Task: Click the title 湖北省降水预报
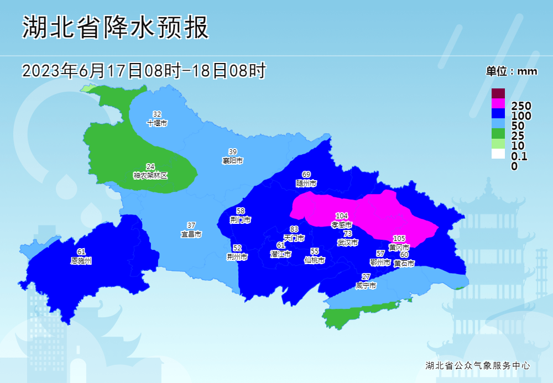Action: coord(116,28)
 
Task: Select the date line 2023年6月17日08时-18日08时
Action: coord(144,71)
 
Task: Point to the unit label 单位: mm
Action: coord(512,71)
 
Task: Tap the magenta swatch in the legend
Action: coord(498,103)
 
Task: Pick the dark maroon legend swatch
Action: coord(498,93)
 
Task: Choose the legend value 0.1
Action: coord(519,156)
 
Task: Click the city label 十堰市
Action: coord(157,123)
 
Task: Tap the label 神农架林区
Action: coord(150,175)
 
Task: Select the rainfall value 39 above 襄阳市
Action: coord(233,152)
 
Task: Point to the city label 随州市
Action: coord(306,183)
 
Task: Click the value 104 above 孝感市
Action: coord(342,216)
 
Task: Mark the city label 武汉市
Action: coord(348,243)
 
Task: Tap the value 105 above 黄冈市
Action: coord(399,238)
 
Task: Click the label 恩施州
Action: coord(81,260)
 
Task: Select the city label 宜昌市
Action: coord(191,234)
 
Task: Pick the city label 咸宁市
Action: coord(366,286)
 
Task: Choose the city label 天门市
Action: coord(294,238)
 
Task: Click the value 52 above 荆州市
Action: coord(237,248)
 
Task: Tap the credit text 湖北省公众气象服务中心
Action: coord(478,366)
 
